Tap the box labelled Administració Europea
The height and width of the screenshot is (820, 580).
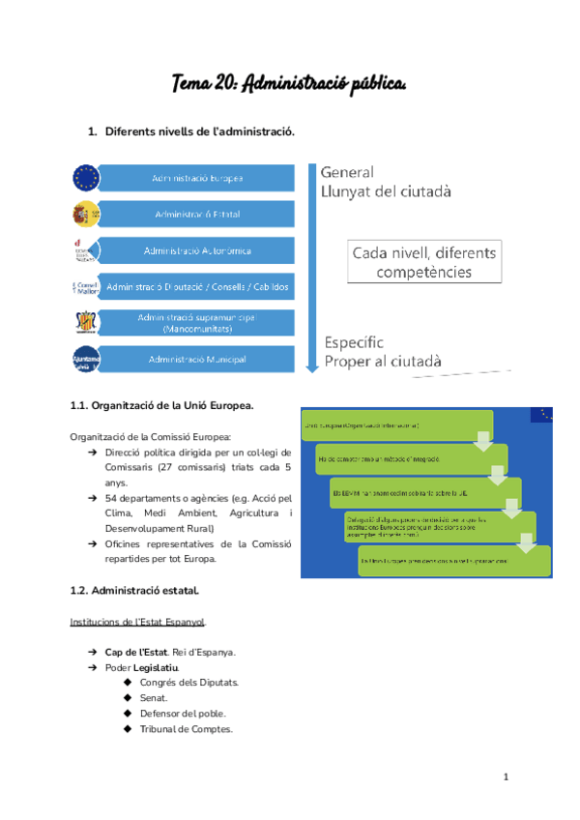[197, 178]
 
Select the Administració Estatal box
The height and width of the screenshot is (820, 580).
[197, 214]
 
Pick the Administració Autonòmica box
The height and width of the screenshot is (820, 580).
[197, 250]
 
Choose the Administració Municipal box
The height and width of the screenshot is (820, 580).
[197, 360]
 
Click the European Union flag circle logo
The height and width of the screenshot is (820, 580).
[85, 178]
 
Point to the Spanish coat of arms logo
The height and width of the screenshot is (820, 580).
[85, 214]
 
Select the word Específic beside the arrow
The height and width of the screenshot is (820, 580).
[354, 342]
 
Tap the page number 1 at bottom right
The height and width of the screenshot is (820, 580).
[506, 777]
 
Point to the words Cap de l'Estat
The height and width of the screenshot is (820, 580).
[134, 652]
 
